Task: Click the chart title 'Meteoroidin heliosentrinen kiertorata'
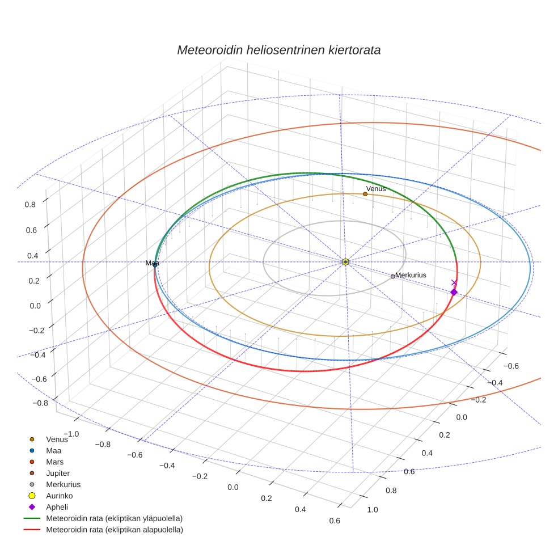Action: pos(278,50)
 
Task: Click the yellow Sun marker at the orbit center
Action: pos(345,262)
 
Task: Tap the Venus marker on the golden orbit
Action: pos(365,194)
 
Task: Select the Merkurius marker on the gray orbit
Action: pos(392,276)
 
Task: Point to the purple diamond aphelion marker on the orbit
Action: pos(454,292)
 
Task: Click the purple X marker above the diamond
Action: pos(454,282)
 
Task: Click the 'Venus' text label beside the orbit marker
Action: pos(376,188)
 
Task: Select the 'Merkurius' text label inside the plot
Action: pos(411,275)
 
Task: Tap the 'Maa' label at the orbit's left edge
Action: pos(152,263)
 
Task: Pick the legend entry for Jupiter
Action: pos(58,473)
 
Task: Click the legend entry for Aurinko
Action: pos(59,496)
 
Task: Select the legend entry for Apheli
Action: pos(57,507)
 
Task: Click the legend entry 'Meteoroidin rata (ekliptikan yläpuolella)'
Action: pos(114,518)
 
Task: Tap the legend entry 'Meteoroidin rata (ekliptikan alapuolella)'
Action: pos(114,530)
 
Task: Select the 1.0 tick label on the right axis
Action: pos(373,509)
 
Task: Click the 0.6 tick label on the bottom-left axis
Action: pos(335,521)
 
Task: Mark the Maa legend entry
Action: pos(54,450)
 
